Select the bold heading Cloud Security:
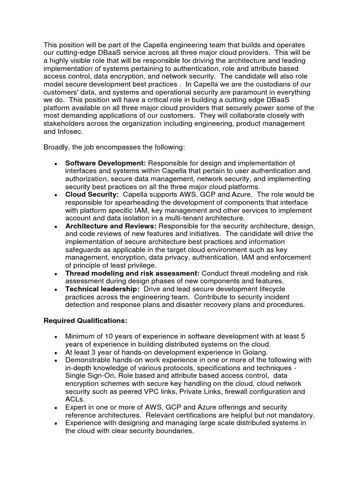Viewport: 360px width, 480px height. [91, 195]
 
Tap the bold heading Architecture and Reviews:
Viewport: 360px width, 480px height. [111, 226]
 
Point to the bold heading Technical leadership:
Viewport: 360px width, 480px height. [102, 289]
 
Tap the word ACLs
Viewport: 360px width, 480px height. [75, 399]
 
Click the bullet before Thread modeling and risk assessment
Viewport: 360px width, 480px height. [56, 274]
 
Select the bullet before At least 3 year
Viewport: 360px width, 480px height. [56, 353]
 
